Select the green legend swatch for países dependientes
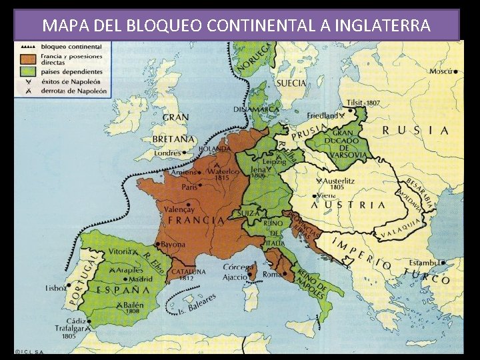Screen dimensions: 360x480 [29, 71]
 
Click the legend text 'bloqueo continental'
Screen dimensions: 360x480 [71, 47]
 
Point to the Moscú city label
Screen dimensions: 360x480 [441, 71]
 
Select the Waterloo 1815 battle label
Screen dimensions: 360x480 [223, 174]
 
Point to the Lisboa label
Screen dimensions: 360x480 [56, 289]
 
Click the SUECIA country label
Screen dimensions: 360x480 [291, 83]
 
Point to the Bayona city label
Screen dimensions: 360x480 [173, 245]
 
